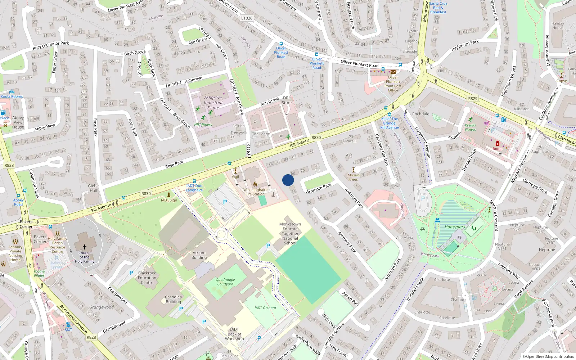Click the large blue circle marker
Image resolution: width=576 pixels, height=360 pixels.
coord(288,180)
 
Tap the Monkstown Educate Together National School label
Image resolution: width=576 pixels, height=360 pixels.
coord(290,233)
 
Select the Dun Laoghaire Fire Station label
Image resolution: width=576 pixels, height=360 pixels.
coord(255,192)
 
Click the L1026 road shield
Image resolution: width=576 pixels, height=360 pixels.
coord(247,18)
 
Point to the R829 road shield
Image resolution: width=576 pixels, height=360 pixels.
coord(473,98)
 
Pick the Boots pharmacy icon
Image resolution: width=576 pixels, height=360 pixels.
coord(498,144)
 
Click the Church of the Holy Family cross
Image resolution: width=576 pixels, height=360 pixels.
coord(85,247)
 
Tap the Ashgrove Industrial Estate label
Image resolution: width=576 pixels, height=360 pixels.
coord(213,103)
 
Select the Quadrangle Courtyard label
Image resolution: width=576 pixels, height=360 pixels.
coord(225,282)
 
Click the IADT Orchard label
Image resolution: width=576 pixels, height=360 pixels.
coord(265,308)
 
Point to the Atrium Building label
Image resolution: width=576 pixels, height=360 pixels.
coord(199,255)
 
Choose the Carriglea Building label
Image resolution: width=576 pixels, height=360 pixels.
coord(173,300)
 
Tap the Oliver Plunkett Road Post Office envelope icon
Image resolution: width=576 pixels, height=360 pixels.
coord(393,72)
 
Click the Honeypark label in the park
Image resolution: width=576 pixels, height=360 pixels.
coord(455,227)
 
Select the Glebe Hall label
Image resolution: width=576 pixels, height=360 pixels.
coord(93,188)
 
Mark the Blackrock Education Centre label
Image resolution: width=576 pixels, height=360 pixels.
coord(147,278)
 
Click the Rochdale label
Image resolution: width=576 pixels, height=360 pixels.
coord(420,114)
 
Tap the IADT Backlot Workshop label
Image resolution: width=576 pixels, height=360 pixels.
coord(234,334)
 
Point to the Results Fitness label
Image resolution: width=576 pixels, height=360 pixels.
coord(470,127)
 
